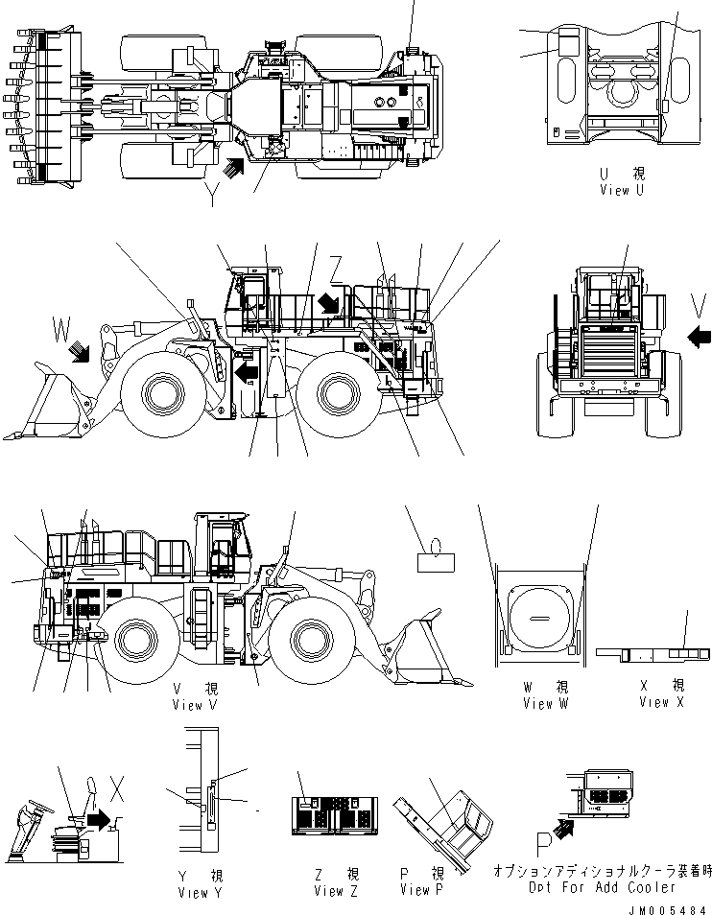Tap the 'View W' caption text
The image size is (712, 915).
click(545, 704)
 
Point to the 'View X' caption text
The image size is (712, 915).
click(661, 702)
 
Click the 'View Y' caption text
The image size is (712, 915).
click(201, 892)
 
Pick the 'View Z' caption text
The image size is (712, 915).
click(336, 891)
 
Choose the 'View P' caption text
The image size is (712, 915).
click(422, 890)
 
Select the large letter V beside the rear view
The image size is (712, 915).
click(700, 305)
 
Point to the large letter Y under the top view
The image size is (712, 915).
click(211, 196)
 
